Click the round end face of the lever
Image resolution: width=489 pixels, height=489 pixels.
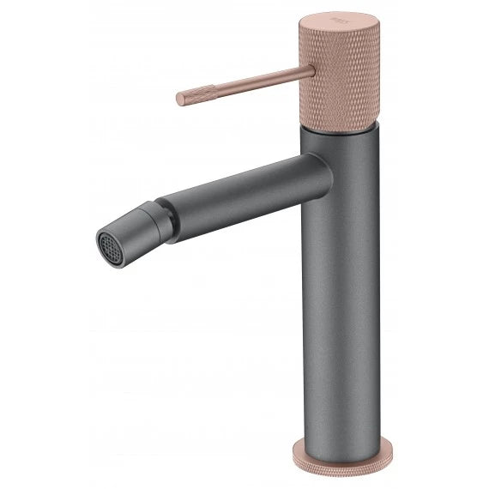180,100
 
